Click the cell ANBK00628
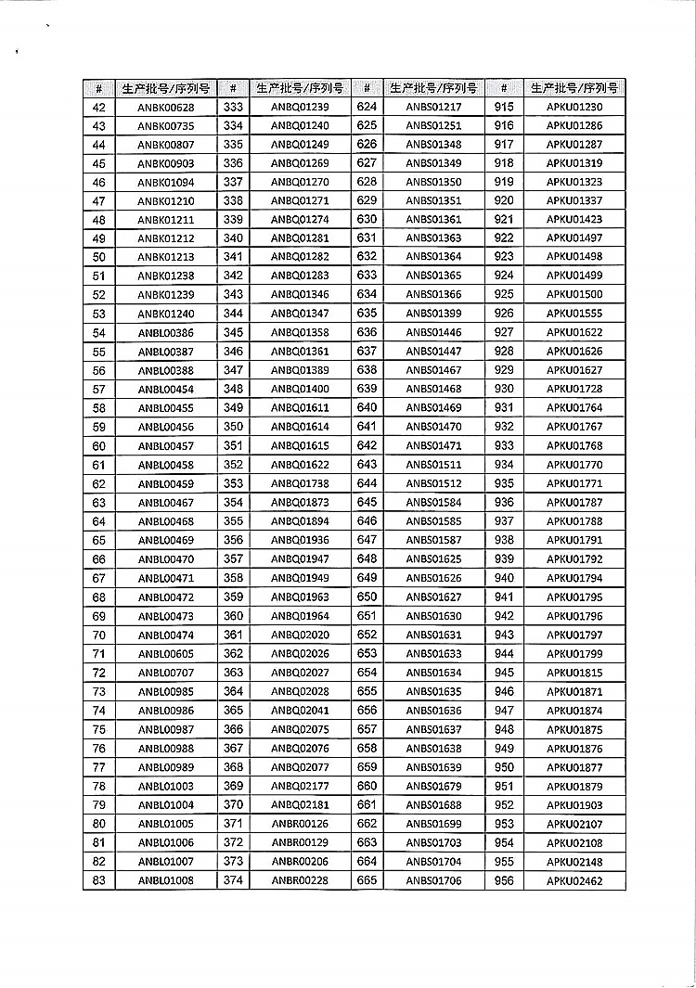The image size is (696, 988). tap(166, 107)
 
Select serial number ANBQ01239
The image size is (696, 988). tap(300, 107)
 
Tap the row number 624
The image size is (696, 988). tap(367, 106)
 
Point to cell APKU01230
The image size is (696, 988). tap(574, 107)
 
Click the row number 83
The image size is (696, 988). tap(99, 880)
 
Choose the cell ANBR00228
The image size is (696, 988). tap(300, 880)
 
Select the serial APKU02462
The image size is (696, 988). tap(574, 880)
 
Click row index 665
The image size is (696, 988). tap(367, 880)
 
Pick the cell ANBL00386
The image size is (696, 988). tap(166, 333)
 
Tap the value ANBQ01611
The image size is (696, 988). tap(300, 408)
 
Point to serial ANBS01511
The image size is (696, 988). tap(433, 465)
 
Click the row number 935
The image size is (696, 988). tap(504, 483)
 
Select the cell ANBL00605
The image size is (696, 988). tap(166, 654)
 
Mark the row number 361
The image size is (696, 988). tap(233, 635)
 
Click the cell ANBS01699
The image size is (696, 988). tap(433, 824)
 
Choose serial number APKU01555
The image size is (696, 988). tap(574, 314)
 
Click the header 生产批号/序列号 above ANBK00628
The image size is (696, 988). tap(166, 88)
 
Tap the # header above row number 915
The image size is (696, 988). tap(504, 88)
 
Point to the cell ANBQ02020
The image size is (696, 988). tap(300, 635)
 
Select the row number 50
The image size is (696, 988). tap(99, 257)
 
